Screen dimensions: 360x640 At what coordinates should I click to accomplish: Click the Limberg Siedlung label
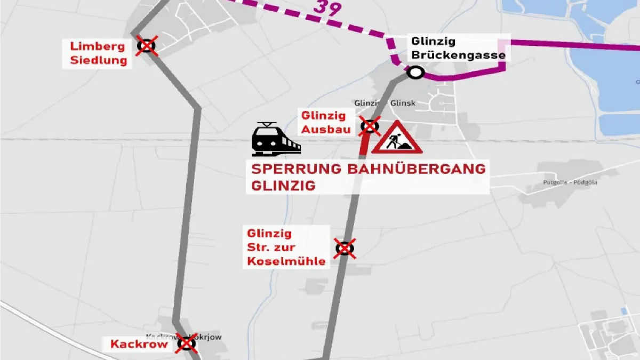pyautogui.click(x=99, y=53)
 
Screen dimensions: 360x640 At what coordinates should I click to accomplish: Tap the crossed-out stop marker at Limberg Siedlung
pyautogui.click(x=146, y=46)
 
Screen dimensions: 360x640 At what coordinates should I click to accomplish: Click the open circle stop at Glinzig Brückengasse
pyautogui.click(x=415, y=73)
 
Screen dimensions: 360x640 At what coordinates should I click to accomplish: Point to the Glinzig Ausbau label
pyautogui.click(x=324, y=122)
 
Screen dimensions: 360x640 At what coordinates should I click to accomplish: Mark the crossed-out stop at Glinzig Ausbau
pyautogui.click(x=370, y=126)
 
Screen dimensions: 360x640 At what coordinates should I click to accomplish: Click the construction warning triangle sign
pyautogui.click(x=397, y=138)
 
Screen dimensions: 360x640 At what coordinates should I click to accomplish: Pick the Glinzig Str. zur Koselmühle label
pyautogui.click(x=285, y=247)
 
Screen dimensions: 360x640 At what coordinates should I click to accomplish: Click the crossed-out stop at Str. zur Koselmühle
pyautogui.click(x=345, y=248)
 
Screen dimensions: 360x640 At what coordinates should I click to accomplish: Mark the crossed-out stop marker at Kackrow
pyautogui.click(x=187, y=343)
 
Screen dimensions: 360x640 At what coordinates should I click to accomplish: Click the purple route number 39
pyautogui.click(x=327, y=7)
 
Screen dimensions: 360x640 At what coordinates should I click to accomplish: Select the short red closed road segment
pyautogui.click(x=364, y=143)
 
